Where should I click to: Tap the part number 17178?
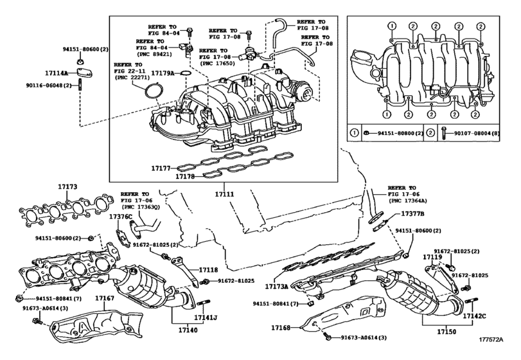(x=187, y=175)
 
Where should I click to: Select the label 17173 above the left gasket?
(x=67, y=186)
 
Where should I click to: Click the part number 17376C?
(x=120, y=217)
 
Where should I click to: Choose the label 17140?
(x=187, y=334)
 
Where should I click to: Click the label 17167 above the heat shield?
(x=104, y=298)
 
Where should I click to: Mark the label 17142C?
(x=475, y=316)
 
